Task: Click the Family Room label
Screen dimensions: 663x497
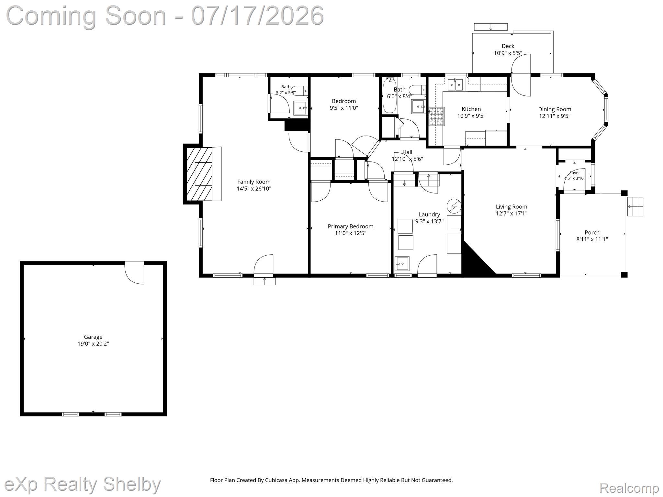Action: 254,182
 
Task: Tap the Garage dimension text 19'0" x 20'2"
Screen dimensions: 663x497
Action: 93,344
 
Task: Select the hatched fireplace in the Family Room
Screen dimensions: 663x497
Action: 199,175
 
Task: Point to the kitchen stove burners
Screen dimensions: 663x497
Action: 436,116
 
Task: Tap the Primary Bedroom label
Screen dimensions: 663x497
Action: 351,226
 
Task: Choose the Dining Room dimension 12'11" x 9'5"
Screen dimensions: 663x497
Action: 555,116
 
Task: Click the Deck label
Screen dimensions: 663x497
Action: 508,46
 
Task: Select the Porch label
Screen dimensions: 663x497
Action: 592,232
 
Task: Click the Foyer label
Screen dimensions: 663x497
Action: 575,173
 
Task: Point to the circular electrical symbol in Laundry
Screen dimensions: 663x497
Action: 454,206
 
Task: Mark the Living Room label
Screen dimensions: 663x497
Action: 511,206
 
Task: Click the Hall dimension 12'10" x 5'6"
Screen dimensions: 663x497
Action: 407,159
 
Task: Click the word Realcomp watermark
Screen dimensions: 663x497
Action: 629,488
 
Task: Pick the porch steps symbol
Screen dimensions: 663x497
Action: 635,206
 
